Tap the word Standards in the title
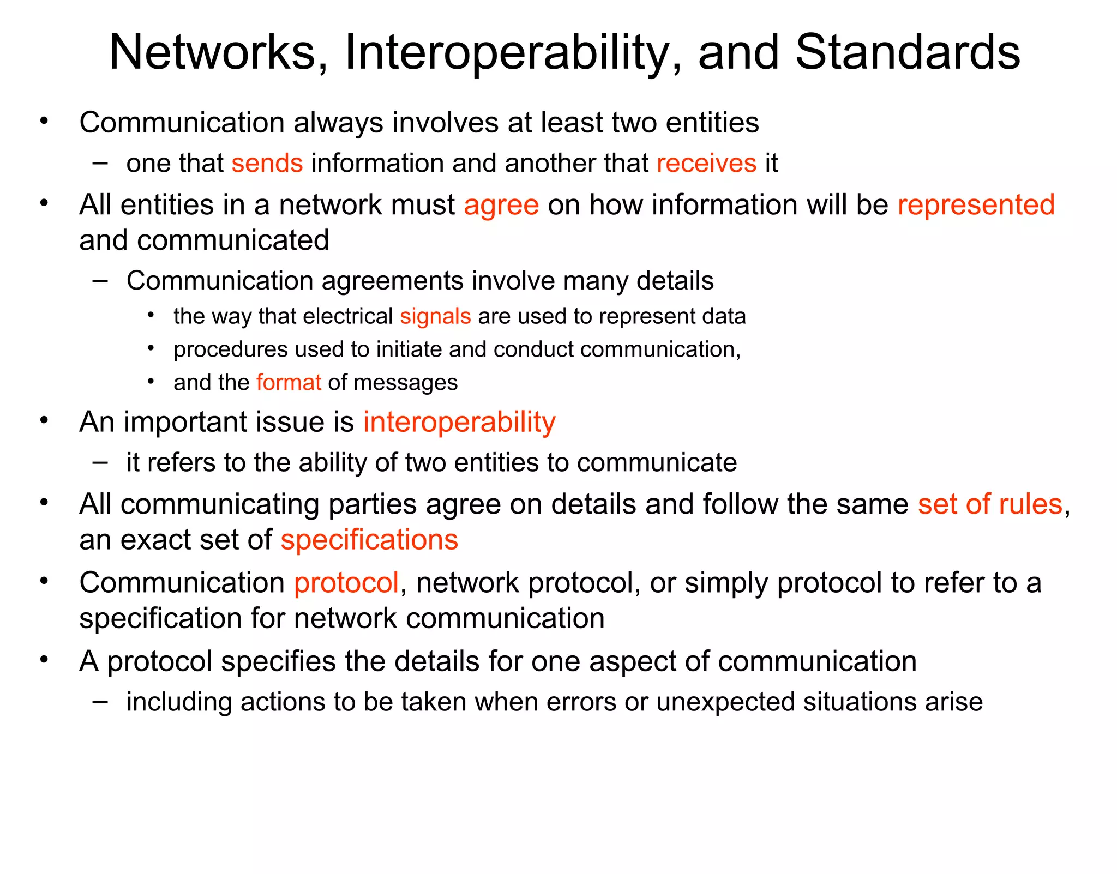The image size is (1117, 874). tap(907, 53)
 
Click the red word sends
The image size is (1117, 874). tap(267, 164)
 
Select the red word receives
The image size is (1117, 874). tap(706, 164)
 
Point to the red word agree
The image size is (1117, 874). tap(501, 206)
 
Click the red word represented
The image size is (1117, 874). tap(976, 205)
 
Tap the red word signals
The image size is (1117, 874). tap(435, 317)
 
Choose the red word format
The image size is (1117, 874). tap(289, 383)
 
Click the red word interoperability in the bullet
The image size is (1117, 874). tap(459, 423)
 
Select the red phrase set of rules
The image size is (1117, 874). tap(990, 504)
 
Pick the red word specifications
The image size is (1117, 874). tap(369, 540)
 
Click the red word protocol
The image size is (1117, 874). tap(346, 583)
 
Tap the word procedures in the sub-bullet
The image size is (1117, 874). tap(230, 350)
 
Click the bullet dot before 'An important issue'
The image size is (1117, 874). tap(44, 420)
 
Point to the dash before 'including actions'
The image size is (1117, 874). tap(100, 701)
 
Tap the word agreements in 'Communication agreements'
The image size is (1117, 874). tap(392, 281)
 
